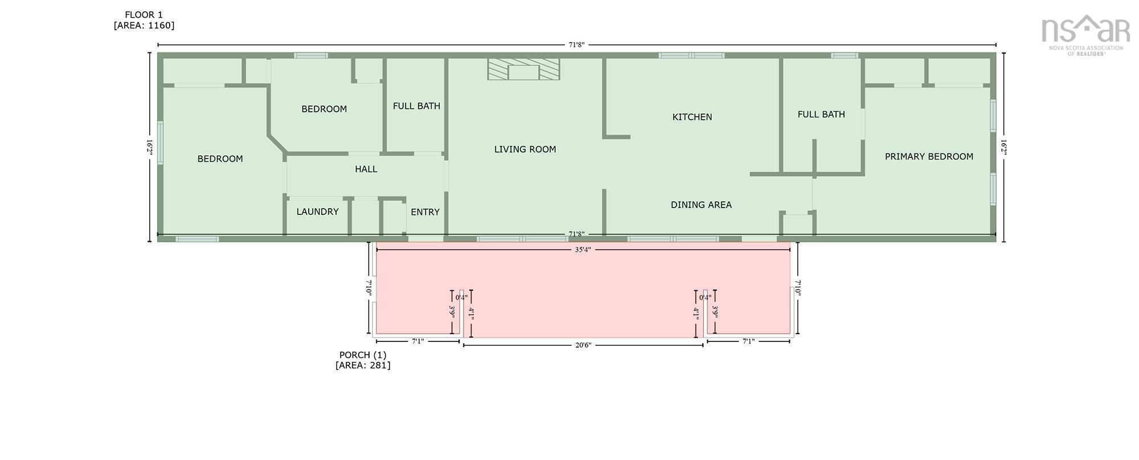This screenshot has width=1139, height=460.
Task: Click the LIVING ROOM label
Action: pyautogui.click(x=525, y=149)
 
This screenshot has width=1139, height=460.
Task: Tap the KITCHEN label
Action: pyautogui.click(x=692, y=117)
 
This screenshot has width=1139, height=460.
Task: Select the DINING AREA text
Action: pyautogui.click(x=701, y=205)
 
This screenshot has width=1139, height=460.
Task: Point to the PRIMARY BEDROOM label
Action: pyautogui.click(x=929, y=156)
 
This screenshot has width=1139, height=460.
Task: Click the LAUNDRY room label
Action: pyautogui.click(x=317, y=211)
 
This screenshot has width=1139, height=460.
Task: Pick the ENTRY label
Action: pyautogui.click(x=425, y=212)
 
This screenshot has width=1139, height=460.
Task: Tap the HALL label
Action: pyautogui.click(x=366, y=169)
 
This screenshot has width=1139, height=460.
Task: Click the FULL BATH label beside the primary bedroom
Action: pyautogui.click(x=821, y=114)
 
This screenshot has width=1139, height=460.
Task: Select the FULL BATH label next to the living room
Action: pyautogui.click(x=416, y=106)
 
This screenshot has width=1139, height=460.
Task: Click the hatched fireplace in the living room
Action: pyautogui.click(x=523, y=69)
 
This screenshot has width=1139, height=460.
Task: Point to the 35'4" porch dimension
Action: pyautogui.click(x=583, y=250)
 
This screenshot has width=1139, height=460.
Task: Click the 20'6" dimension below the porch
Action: pyautogui.click(x=583, y=345)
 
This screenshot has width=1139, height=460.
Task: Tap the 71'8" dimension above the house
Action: pyautogui.click(x=576, y=44)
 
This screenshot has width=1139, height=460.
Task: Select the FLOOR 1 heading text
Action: pyautogui.click(x=144, y=15)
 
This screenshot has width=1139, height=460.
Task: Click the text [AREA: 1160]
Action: pyautogui.click(x=144, y=26)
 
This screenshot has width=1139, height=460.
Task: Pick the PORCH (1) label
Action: pyautogui.click(x=363, y=355)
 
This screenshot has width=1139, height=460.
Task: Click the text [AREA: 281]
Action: pyautogui.click(x=363, y=365)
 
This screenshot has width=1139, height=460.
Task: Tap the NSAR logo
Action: pyautogui.click(x=1085, y=35)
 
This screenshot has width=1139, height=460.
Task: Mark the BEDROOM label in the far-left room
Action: pyautogui.click(x=220, y=159)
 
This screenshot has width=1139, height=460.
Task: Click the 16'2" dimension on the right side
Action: pyautogui.click(x=1004, y=147)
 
